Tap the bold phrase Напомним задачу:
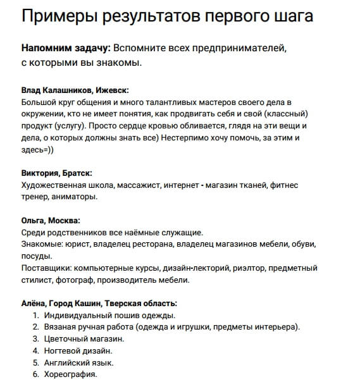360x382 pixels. point(66,49)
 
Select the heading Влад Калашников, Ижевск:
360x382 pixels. point(75,90)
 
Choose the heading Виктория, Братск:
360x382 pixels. point(56,173)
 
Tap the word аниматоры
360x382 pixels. point(77,197)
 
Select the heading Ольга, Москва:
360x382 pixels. point(51,221)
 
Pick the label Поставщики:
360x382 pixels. point(46,269)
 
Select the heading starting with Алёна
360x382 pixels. point(99,304)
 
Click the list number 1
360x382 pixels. point(36,316)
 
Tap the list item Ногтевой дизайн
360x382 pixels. point(78,351)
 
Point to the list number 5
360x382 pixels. point(36,363)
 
